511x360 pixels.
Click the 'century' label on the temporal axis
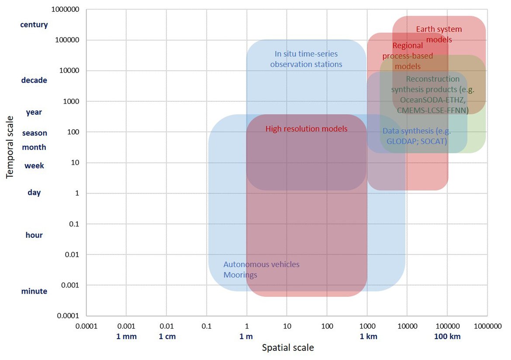pyautogui.click(x=34, y=24)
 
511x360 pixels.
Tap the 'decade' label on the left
pyautogui.click(x=34, y=80)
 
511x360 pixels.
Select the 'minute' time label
pyautogui.click(x=34, y=291)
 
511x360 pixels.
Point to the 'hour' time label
pyautogui.click(x=34, y=235)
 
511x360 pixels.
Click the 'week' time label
pyautogui.click(x=34, y=166)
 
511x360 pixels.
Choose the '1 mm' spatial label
pyautogui.click(x=126, y=336)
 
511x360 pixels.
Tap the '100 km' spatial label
pyautogui.click(x=447, y=336)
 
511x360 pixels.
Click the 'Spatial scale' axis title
pyautogui.click(x=287, y=348)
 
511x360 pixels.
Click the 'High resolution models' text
pyautogui.click(x=306, y=129)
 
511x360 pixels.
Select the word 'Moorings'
pyautogui.click(x=240, y=275)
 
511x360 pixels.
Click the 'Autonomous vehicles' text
pyautogui.click(x=261, y=264)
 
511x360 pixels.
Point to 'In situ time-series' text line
pyautogui.click(x=306, y=54)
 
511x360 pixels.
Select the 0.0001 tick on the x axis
pyautogui.click(x=86, y=326)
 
